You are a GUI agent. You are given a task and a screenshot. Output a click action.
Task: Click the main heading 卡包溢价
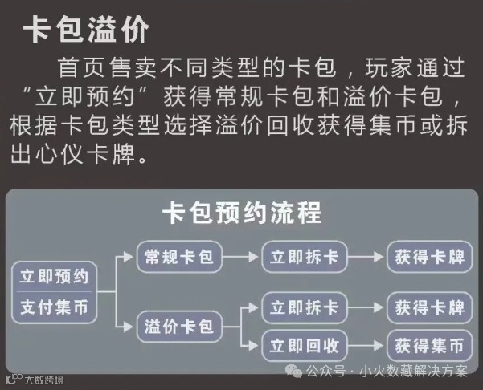86,30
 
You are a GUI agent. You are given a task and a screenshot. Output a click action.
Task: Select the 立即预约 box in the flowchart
55,277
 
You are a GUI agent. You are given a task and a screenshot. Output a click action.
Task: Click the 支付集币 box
55,306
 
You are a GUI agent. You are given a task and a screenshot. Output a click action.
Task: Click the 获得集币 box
429,346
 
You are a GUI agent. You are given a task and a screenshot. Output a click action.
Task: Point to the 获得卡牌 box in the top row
429,257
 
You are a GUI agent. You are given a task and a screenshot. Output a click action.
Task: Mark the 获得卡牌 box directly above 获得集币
429,307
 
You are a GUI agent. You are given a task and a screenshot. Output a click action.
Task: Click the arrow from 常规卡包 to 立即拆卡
240,257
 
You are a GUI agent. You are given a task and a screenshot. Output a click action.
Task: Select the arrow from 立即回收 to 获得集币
366,346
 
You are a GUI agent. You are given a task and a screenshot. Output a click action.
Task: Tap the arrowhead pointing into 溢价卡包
129,327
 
